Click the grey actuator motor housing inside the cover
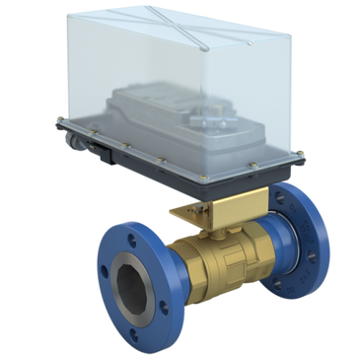tap(148, 113)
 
